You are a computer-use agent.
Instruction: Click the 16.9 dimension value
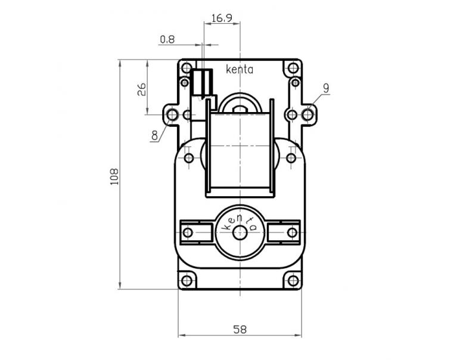[222, 18]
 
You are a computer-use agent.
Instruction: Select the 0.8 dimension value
[167, 40]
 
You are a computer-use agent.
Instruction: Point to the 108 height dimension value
[114, 177]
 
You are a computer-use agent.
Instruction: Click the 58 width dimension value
[240, 329]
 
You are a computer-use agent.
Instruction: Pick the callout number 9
[326, 88]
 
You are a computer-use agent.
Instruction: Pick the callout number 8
[155, 135]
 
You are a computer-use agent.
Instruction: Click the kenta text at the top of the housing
[240, 70]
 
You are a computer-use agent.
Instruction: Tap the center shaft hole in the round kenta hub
[240, 232]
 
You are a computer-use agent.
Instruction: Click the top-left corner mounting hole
[187, 68]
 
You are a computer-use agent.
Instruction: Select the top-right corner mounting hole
[293, 68]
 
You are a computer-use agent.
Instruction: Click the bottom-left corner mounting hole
[187, 280]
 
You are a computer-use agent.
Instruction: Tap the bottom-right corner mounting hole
[293, 280]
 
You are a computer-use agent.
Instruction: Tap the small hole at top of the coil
[240, 108]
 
